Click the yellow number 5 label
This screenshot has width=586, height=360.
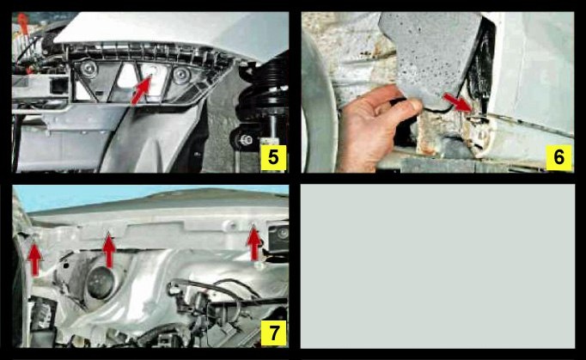click(273, 158)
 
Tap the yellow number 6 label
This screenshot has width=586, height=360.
click(559, 158)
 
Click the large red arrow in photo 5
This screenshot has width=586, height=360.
click(142, 89)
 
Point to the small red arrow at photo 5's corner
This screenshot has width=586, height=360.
click(23, 23)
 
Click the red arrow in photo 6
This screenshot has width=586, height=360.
click(457, 102)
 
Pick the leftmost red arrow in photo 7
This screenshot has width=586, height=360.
click(34, 259)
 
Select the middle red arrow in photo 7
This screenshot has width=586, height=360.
click(109, 250)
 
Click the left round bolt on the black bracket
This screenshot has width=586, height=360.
click(89, 69)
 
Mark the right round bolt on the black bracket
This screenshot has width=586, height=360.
click(181, 76)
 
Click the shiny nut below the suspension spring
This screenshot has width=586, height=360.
click(245, 141)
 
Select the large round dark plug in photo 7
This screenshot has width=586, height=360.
click(101, 283)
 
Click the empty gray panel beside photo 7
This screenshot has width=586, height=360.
click(437, 266)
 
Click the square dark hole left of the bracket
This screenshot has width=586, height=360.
click(58, 87)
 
